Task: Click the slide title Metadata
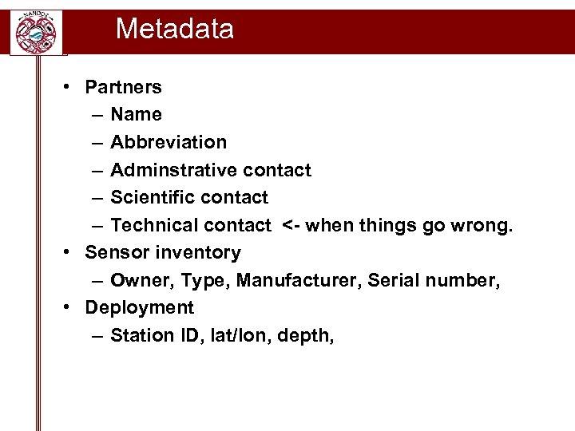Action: (174, 30)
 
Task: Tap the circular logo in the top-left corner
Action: (36, 33)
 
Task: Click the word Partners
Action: (123, 87)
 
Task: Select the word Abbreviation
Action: (169, 142)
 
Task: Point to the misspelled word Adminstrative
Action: (173, 170)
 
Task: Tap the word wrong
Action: (482, 225)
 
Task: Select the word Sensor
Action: (113, 253)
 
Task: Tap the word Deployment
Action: (139, 308)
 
